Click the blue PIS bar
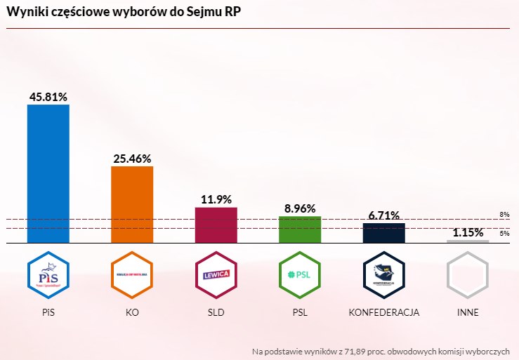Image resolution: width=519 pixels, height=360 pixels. click(48, 173)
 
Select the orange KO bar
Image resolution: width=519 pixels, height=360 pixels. click(132, 204)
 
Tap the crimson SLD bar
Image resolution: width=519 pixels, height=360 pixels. click(216, 225)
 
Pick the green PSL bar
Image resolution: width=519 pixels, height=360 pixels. click(300, 229)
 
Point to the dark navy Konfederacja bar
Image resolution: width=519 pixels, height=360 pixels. click(383, 233)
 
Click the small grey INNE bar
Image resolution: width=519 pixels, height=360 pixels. click(468, 241)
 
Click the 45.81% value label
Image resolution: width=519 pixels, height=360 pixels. click(48, 97)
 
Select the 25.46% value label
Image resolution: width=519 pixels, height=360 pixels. click(132, 159)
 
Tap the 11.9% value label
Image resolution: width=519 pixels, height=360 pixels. click(216, 199)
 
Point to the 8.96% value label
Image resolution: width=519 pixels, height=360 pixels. click(300, 208)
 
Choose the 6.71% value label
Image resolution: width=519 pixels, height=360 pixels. click(383, 215)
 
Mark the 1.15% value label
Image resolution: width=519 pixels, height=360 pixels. click(468, 232)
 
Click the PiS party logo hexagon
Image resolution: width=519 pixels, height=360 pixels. click(48, 274)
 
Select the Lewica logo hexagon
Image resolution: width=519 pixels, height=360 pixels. click(216, 274)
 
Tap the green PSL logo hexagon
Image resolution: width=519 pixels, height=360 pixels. click(300, 274)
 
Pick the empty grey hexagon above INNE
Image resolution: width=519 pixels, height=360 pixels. click(468, 274)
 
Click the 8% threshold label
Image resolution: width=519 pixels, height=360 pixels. click(504, 215)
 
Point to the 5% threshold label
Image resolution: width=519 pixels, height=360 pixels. click(504, 233)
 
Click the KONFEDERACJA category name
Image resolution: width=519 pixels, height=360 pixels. click(383, 312)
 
